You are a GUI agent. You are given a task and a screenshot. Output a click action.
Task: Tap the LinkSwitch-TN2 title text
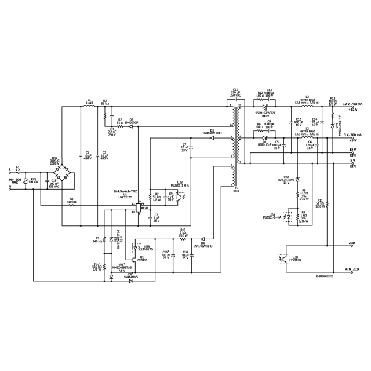coord(125,191)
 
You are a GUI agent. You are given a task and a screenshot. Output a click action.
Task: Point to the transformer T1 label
coord(235,190)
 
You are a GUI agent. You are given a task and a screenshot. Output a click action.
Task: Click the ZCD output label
coord(352,243)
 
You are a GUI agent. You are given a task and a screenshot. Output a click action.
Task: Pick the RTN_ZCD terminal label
coord(351,270)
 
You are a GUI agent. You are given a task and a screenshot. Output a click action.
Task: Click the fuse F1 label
coord(17,168)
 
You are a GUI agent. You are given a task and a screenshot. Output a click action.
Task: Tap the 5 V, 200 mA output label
coord(352,134)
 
